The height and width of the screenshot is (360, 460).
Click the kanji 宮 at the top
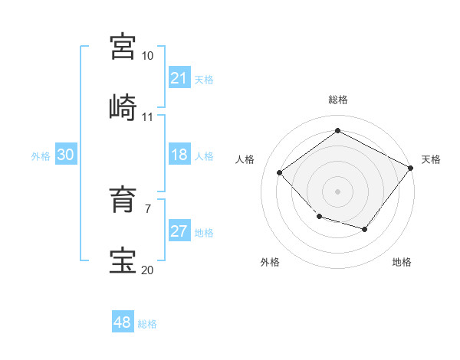123,46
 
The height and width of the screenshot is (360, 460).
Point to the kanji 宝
123,260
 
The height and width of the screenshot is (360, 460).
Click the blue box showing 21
179,78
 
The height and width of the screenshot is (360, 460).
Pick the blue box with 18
179,155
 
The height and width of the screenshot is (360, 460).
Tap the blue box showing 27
179,232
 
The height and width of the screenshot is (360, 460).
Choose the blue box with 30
65,155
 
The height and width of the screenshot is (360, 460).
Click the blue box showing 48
122,322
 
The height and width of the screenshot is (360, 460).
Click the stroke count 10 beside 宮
148,56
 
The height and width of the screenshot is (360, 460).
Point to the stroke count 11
148,117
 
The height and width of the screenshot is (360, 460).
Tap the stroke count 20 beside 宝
148,270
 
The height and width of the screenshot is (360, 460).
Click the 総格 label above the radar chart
337,100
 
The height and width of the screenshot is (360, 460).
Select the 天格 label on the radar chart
431,159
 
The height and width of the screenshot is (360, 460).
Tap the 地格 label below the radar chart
402,262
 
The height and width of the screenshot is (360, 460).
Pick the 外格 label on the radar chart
270,262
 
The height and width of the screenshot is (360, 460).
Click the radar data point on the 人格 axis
280,173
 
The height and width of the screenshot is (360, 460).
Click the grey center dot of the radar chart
337,191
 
